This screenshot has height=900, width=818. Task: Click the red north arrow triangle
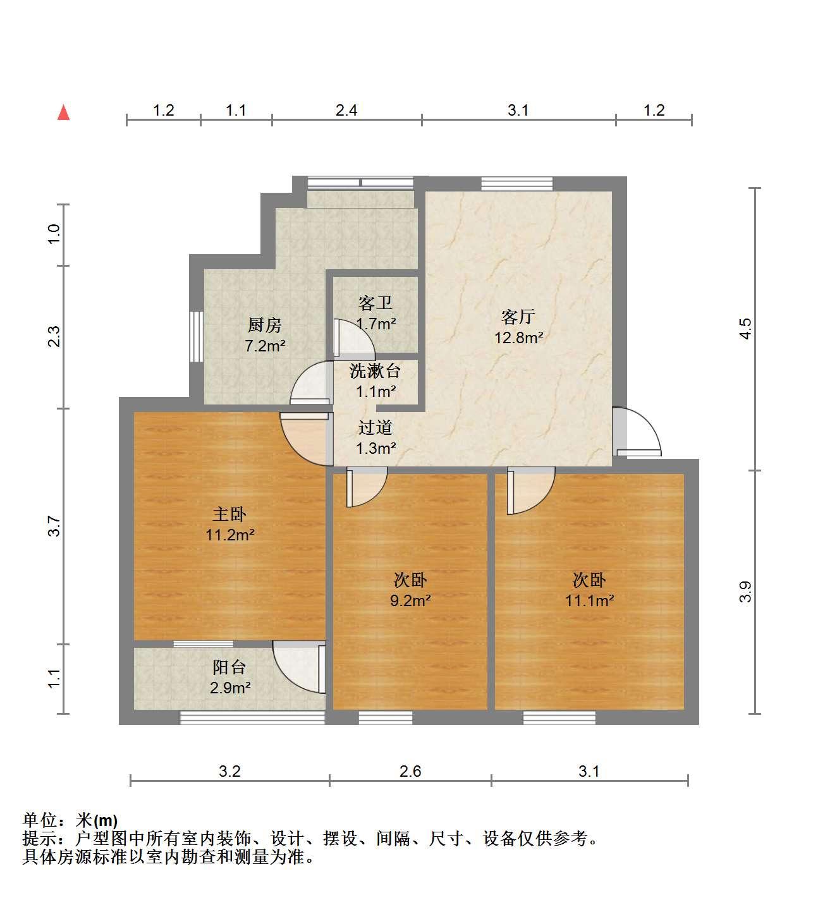(x=63, y=112)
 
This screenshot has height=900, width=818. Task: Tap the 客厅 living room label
(x=518, y=317)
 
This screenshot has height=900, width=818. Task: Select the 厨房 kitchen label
(x=264, y=325)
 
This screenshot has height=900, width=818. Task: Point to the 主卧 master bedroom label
(x=229, y=514)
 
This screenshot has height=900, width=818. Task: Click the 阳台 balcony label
(x=229, y=667)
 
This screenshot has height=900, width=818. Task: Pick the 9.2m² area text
(x=410, y=600)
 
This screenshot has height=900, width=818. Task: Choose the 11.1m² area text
(x=589, y=600)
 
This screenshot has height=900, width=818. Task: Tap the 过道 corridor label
(x=375, y=427)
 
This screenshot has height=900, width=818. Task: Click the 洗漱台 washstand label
(x=375, y=370)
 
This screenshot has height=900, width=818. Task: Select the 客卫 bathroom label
(x=375, y=303)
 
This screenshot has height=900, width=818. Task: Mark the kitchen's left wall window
(x=196, y=336)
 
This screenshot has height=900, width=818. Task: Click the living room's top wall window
(x=516, y=184)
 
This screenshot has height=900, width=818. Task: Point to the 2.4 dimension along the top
(x=346, y=110)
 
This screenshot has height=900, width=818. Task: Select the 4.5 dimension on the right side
(x=745, y=329)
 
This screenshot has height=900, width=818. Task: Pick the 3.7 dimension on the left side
(x=54, y=526)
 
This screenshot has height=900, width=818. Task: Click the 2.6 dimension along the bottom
(x=410, y=771)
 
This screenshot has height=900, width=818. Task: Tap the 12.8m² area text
(x=518, y=337)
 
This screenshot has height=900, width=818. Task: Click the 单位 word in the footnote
(x=39, y=820)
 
